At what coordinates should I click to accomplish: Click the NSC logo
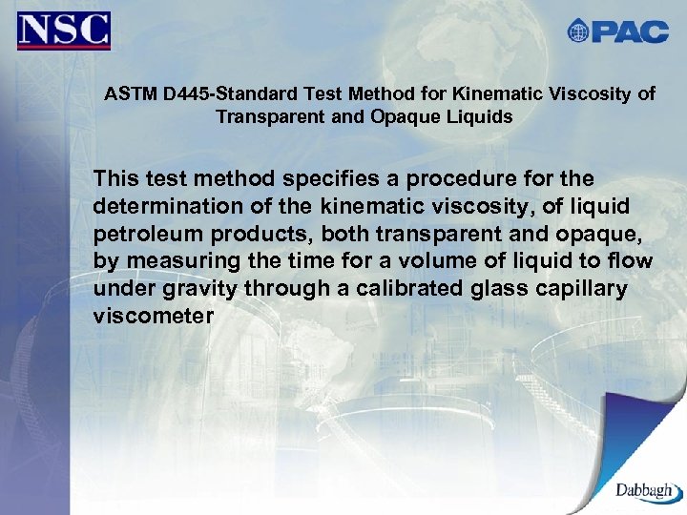coord(63,31)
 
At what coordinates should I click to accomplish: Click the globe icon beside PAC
coord(578,31)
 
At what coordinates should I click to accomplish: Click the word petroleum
coord(141,234)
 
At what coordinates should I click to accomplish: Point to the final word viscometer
coord(153,317)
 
